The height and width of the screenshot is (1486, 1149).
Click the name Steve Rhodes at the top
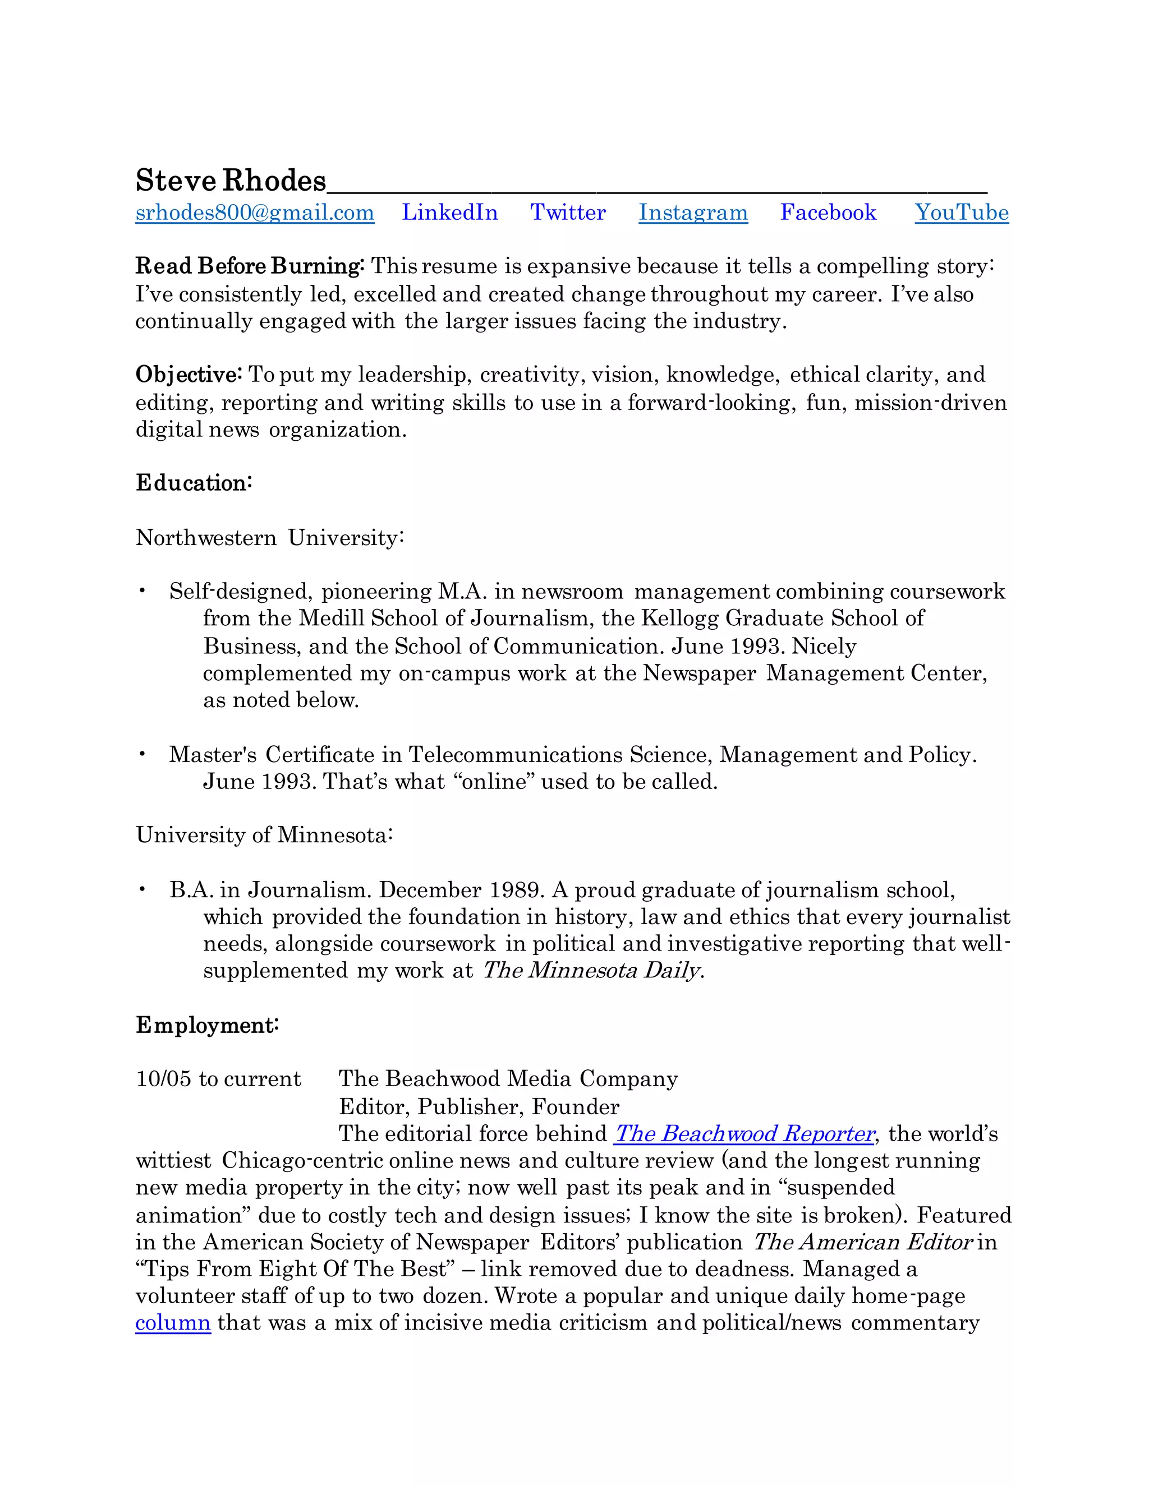click(231, 181)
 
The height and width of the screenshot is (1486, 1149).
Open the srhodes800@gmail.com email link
click(255, 213)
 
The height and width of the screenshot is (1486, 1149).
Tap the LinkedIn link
click(449, 213)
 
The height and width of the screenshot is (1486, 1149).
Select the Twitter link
click(568, 213)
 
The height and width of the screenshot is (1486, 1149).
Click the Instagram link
click(693, 213)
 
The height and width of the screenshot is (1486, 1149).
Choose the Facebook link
click(828, 213)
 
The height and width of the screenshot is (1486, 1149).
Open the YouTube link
click(961, 213)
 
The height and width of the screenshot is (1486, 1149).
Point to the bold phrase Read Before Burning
click(249, 265)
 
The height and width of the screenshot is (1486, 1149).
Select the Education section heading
click(194, 483)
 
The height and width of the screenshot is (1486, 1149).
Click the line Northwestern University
click(269, 538)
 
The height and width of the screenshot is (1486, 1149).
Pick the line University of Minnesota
click(264, 835)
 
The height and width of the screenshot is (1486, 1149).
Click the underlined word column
click(173, 1323)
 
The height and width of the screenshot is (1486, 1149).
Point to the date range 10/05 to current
click(218, 1079)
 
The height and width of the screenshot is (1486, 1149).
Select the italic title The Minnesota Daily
click(591, 970)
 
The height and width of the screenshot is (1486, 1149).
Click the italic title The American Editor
click(862, 1243)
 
